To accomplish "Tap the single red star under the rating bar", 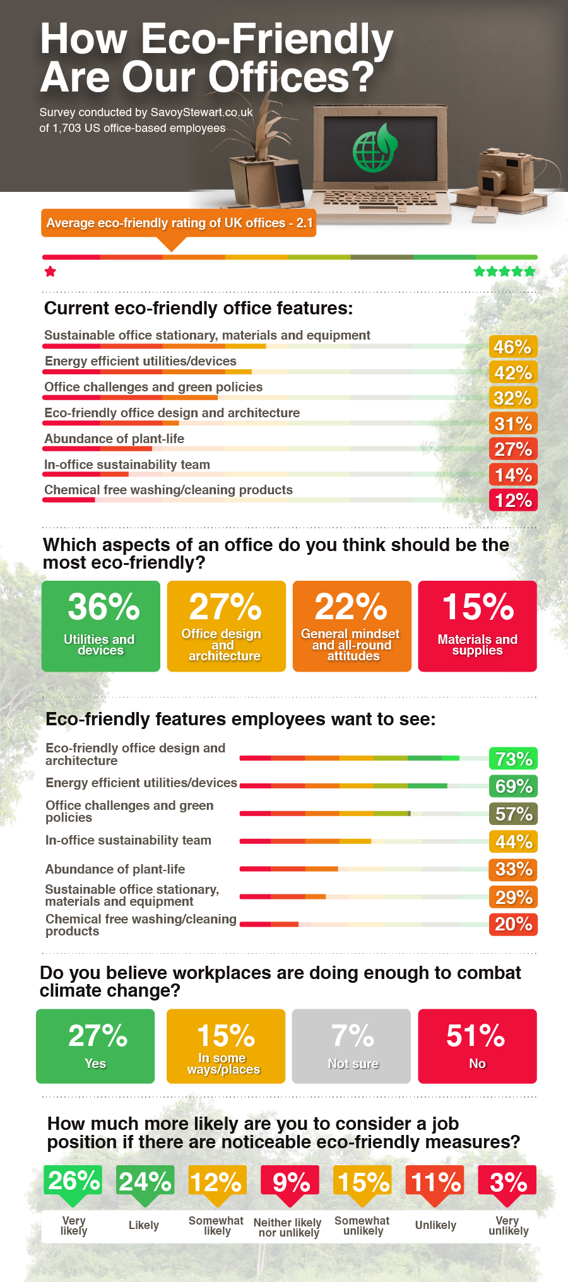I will pyautogui.click(x=50, y=271).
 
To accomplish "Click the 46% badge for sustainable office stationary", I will pyautogui.click(x=512, y=347).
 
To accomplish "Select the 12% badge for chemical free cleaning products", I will pyautogui.click(x=512, y=501).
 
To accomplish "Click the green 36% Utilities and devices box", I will pyautogui.click(x=101, y=626).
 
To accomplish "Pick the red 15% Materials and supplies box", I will pyautogui.click(x=477, y=626).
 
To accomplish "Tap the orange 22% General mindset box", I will pyautogui.click(x=352, y=626).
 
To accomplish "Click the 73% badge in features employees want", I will pyautogui.click(x=513, y=759).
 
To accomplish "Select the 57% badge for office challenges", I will pyautogui.click(x=513, y=814).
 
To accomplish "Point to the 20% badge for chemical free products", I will pyautogui.click(x=513, y=924).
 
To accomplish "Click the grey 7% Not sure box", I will pyautogui.click(x=352, y=1046).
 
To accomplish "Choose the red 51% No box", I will pyautogui.click(x=477, y=1046).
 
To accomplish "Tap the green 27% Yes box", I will pyautogui.click(x=95, y=1046).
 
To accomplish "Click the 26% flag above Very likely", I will pyautogui.click(x=73, y=1180).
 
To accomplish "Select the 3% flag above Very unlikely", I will pyautogui.click(x=507, y=1182).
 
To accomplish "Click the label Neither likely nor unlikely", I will pyautogui.click(x=288, y=1227).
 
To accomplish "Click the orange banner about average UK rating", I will pyautogui.click(x=179, y=223).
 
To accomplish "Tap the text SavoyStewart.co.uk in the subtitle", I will pyautogui.click(x=201, y=112).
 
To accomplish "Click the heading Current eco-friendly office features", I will pyautogui.click(x=198, y=308).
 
